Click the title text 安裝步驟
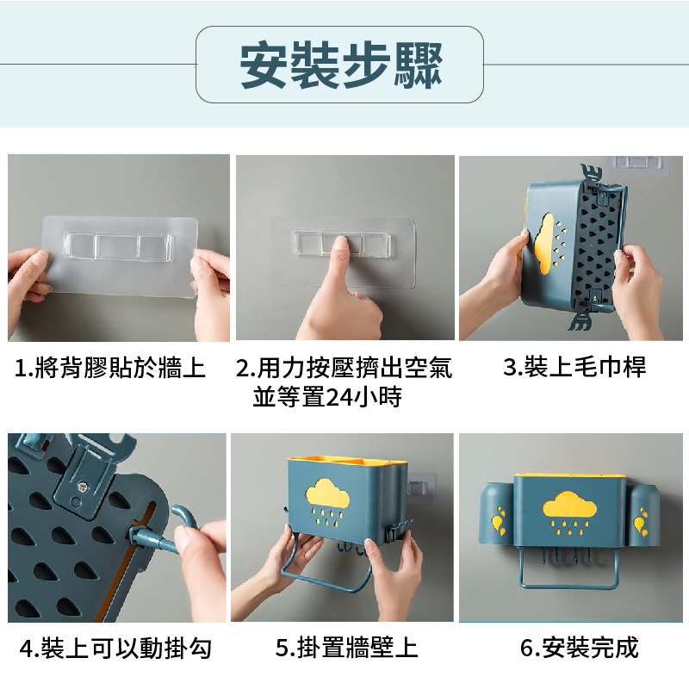pos(341,65)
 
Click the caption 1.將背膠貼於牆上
pos(110,368)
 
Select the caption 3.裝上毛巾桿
pos(574,367)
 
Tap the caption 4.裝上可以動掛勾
pos(116,649)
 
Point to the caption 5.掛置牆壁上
pos(347,648)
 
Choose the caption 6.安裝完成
pos(579,648)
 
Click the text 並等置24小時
pos(327,397)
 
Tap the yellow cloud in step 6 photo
pos(569,506)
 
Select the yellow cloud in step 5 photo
pos(329,491)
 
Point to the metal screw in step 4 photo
pos(82,486)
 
